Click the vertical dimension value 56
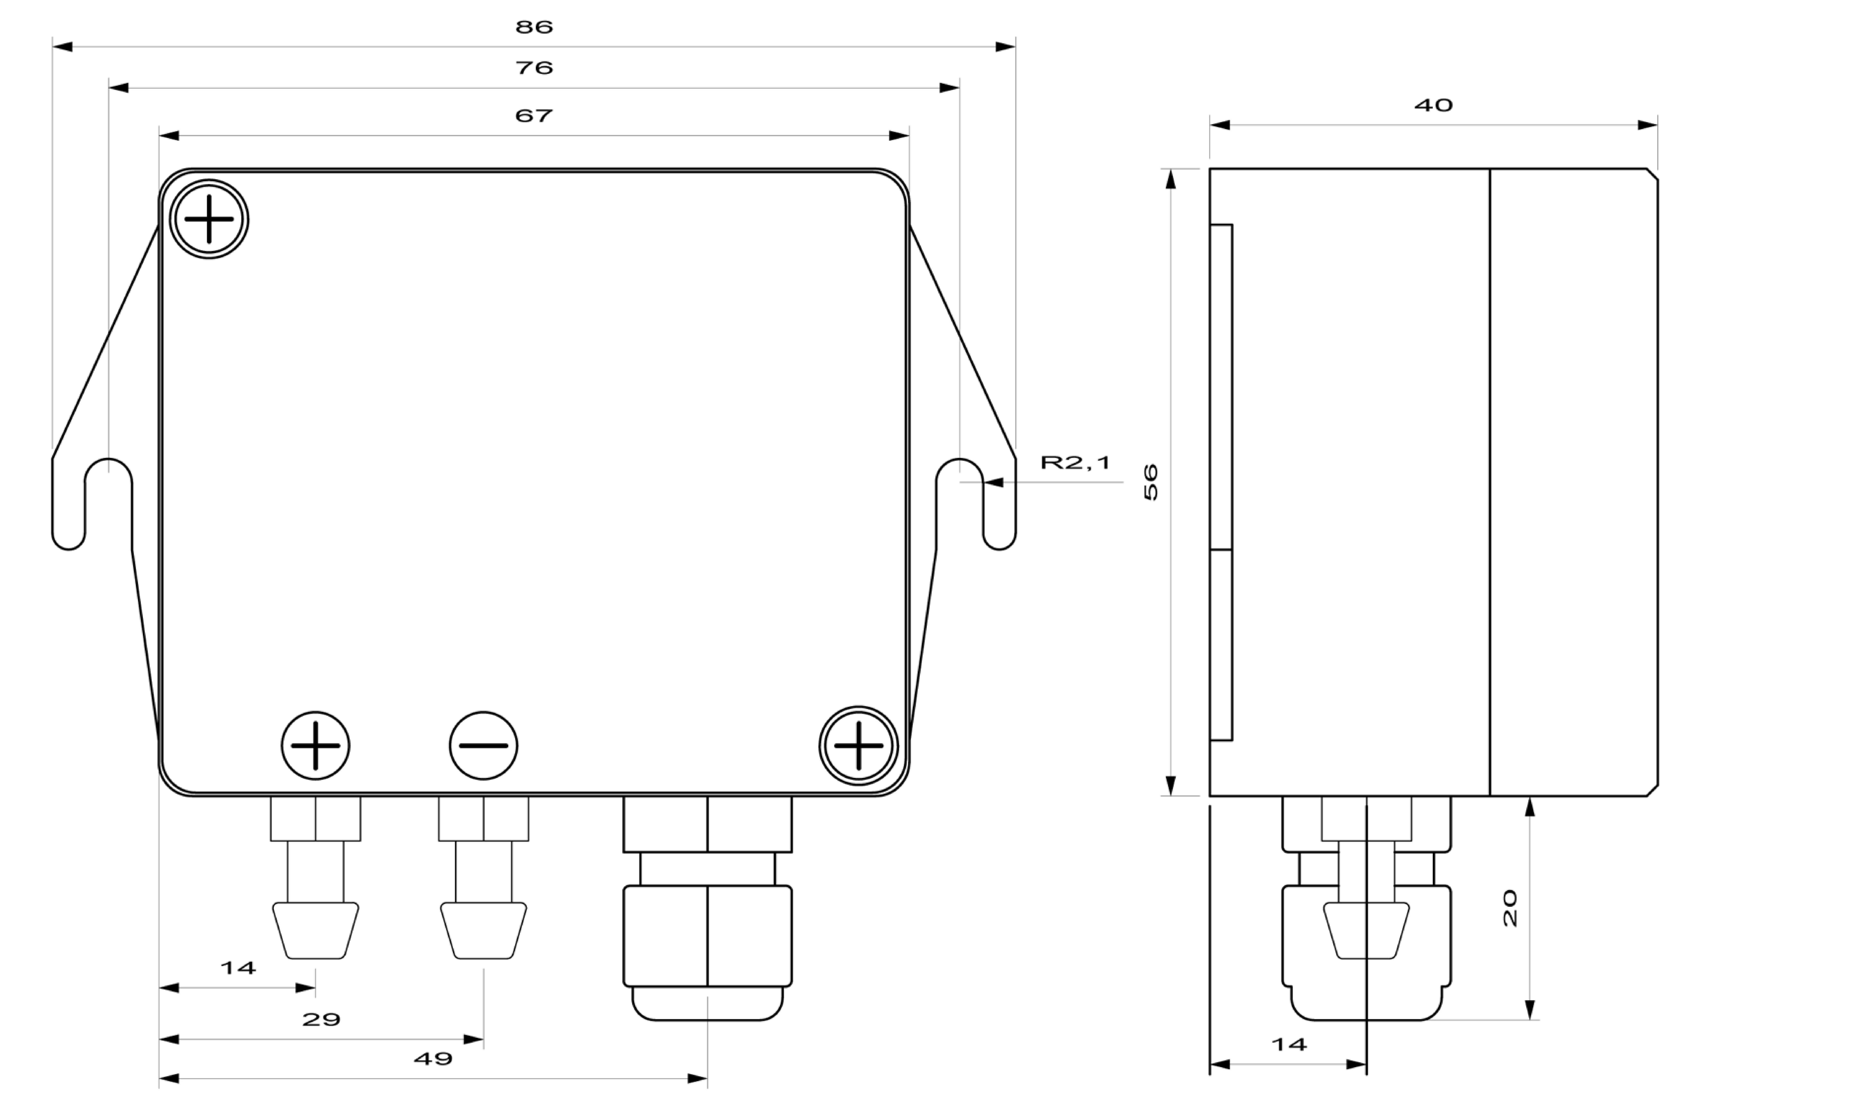[x=1151, y=482]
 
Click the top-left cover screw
[x=209, y=219]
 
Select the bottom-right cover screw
[x=859, y=745]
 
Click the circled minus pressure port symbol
[x=484, y=745]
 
